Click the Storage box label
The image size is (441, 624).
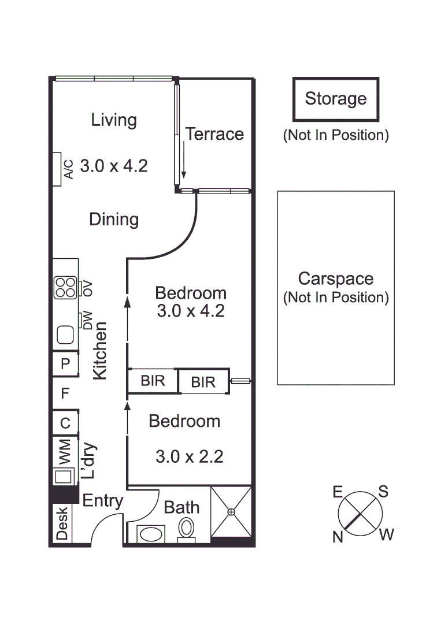(x=336, y=99)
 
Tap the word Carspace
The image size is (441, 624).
(x=335, y=279)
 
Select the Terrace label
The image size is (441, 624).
(x=214, y=135)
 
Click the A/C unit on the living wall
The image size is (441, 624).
(x=57, y=169)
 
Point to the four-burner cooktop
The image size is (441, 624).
(x=65, y=288)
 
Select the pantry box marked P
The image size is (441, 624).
(x=65, y=363)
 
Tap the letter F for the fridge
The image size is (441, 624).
(x=65, y=393)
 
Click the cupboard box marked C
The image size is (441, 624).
(x=65, y=424)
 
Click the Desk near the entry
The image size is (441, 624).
(x=62, y=523)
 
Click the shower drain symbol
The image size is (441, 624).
(x=231, y=511)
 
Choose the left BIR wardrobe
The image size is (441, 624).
(x=153, y=381)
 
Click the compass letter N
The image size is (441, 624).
(x=338, y=537)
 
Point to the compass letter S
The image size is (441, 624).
(x=383, y=492)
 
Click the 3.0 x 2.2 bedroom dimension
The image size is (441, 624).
(x=189, y=457)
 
